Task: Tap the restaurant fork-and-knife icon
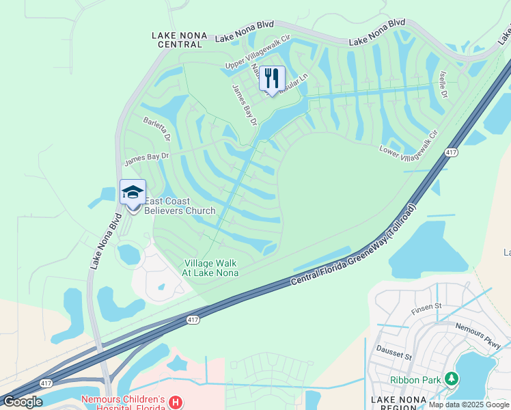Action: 272,78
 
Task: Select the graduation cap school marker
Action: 133,193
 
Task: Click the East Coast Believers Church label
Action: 180,206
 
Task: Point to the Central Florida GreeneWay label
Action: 354,245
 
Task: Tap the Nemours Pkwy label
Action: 478,337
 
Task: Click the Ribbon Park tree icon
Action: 450,379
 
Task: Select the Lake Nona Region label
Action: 398,403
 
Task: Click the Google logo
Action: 23,402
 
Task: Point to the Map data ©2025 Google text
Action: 469,405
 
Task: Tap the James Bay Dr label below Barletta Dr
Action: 146,159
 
